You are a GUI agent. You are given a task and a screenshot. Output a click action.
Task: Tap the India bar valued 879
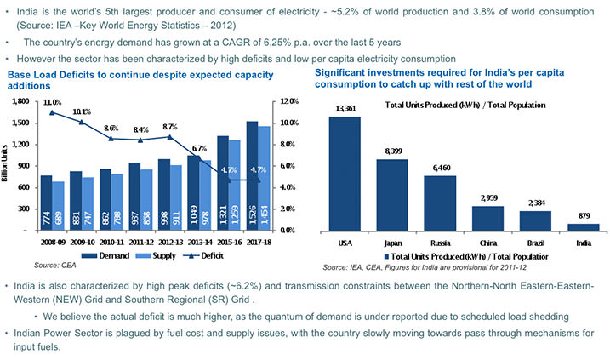583,227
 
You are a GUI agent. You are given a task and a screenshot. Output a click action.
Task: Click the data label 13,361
345,108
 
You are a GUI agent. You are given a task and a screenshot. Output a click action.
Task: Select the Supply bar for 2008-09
58,205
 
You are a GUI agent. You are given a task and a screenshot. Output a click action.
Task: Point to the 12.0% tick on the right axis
289,101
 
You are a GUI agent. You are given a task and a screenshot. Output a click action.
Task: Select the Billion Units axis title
7,166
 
